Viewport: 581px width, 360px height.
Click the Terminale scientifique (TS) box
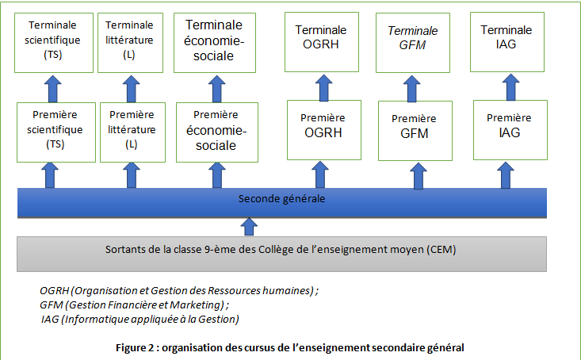(x=54, y=43)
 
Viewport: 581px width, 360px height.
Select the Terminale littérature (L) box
(x=131, y=43)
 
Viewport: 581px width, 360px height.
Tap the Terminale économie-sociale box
(x=215, y=43)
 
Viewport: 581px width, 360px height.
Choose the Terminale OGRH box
(x=322, y=42)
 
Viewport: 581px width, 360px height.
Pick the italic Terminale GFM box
(x=413, y=43)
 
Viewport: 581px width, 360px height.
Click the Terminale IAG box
(x=507, y=42)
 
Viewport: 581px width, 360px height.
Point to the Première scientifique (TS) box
(x=56, y=132)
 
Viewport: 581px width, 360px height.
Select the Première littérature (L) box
(x=132, y=132)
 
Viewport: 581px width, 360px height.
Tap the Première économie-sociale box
(x=217, y=132)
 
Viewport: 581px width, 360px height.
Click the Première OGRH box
(x=324, y=130)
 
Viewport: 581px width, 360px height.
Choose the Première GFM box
(x=415, y=131)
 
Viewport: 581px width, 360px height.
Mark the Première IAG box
(x=510, y=130)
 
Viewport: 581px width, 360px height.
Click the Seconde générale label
(x=281, y=199)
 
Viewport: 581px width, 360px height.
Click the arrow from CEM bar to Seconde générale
(x=249, y=227)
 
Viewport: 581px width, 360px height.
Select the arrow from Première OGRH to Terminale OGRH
(x=324, y=88)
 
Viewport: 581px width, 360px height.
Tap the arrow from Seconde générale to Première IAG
(x=506, y=175)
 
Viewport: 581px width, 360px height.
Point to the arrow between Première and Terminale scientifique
(x=52, y=89)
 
